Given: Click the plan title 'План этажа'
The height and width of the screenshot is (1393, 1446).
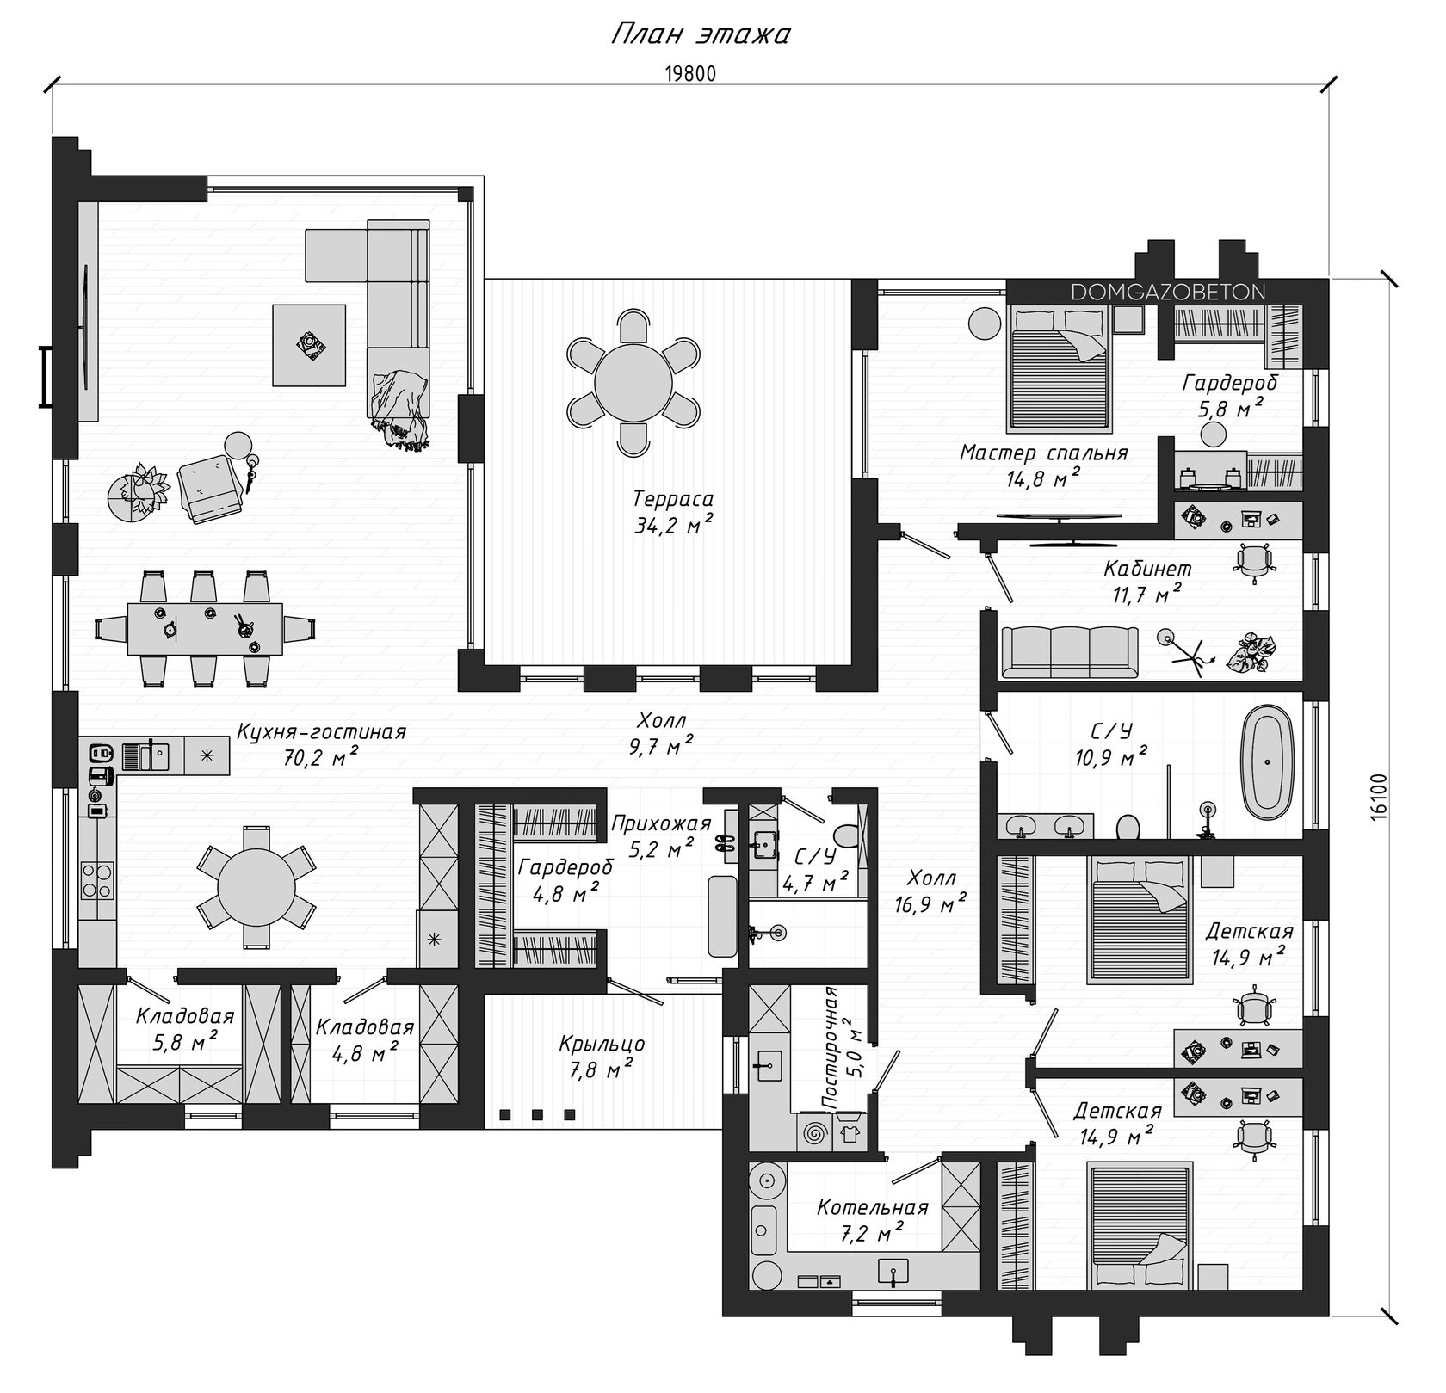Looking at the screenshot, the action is click(701, 34).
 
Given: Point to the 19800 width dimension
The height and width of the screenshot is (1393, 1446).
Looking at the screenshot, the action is click(690, 74).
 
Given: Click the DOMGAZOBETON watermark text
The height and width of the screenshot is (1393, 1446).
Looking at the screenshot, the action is click(1168, 293).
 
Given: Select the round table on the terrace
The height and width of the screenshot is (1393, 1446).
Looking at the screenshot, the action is click(633, 381).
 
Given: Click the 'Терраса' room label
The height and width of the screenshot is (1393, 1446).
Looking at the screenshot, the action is click(673, 498).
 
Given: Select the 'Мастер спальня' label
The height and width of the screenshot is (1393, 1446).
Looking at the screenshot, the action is click(1043, 453).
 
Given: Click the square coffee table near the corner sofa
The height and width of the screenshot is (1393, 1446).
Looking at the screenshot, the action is click(309, 346).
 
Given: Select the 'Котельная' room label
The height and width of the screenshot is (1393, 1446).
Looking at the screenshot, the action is click(873, 1207).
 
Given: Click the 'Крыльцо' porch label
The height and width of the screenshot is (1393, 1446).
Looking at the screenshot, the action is click(602, 1044).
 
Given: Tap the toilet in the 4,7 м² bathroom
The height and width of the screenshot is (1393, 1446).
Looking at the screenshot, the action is click(846, 834).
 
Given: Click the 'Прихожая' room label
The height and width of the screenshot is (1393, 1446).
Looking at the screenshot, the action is click(661, 823).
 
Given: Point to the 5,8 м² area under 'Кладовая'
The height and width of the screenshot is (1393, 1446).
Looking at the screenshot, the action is click(176, 1042).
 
